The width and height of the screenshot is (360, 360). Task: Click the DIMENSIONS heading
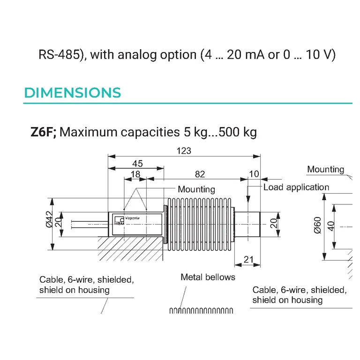(x=73, y=93)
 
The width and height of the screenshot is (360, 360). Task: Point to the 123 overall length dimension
(x=184, y=151)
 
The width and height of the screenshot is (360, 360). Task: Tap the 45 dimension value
(x=137, y=164)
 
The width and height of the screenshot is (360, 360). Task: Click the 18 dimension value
(x=135, y=174)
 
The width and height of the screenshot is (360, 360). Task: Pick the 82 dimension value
(x=200, y=174)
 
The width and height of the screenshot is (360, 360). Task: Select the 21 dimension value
(x=248, y=259)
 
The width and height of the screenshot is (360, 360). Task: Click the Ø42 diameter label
(x=49, y=219)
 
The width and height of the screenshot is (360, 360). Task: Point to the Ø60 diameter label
(x=317, y=225)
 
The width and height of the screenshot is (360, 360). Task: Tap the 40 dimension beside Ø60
(x=331, y=226)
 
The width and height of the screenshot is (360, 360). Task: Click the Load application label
(x=296, y=187)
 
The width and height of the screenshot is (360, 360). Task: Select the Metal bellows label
(x=208, y=277)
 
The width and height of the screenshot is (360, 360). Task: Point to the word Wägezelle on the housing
(x=132, y=218)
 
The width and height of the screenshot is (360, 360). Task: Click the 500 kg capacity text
(x=238, y=132)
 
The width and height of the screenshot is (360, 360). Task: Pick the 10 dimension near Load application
(x=254, y=174)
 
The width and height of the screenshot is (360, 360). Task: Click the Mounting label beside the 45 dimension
(x=196, y=189)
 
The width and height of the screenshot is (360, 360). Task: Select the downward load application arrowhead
(x=248, y=199)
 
